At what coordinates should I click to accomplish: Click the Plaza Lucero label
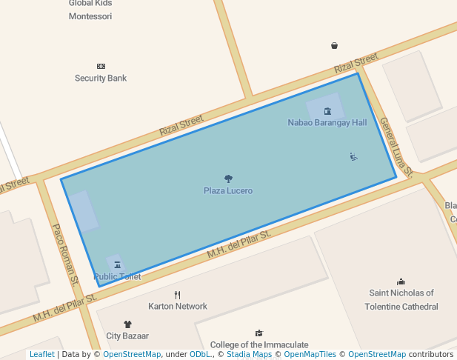pyautogui.click(x=228, y=191)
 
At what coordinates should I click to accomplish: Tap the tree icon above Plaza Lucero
pyautogui.click(x=228, y=179)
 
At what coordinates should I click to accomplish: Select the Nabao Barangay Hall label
pyautogui.click(x=327, y=123)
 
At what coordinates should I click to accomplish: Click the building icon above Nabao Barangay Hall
pyautogui.click(x=327, y=111)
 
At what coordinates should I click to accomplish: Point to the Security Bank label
pyautogui.click(x=101, y=79)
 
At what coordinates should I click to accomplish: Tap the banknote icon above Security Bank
pyautogui.click(x=101, y=67)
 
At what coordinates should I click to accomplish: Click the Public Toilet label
pyautogui.click(x=118, y=277)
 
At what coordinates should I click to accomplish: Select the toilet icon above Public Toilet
pyautogui.click(x=117, y=264)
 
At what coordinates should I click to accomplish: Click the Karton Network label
pyautogui.click(x=178, y=307)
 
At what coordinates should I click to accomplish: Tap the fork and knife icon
pyautogui.click(x=178, y=295)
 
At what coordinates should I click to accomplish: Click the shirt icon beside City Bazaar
pyautogui.click(x=127, y=324)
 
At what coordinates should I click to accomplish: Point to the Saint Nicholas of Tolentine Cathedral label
pyautogui.click(x=401, y=300)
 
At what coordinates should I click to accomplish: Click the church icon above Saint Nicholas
pyautogui.click(x=401, y=281)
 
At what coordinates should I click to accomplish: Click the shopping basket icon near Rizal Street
pyautogui.click(x=334, y=46)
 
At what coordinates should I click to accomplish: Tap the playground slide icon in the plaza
pyautogui.click(x=354, y=156)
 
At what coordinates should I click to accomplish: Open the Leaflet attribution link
pyautogui.click(x=41, y=355)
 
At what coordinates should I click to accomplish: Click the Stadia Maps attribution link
pyautogui.click(x=248, y=355)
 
